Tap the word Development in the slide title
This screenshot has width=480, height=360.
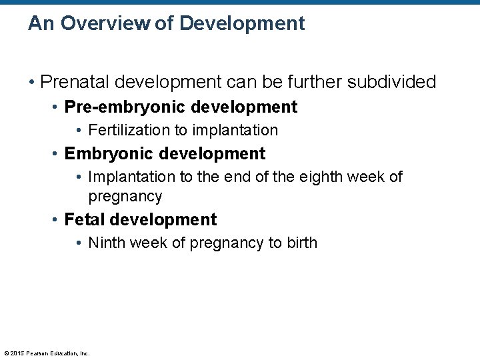242,24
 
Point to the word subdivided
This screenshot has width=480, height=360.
389,82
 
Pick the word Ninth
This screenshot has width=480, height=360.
106,243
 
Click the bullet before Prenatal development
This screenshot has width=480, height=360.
32,83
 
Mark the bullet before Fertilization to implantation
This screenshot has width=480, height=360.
80,131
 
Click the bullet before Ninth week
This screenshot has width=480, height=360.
80,243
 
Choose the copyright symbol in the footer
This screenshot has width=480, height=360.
6,353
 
